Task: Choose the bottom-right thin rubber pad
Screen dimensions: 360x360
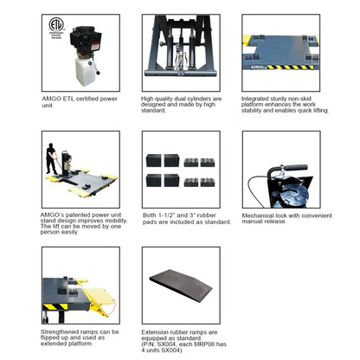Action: pyautogui.click(x=208, y=183)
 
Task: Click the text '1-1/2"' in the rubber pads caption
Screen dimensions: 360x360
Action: pyautogui.click(x=168, y=214)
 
